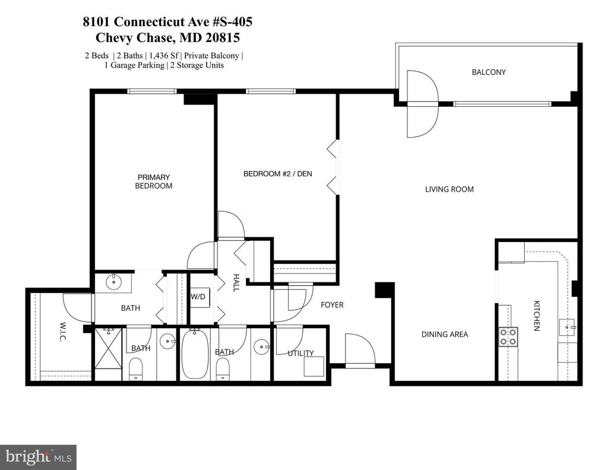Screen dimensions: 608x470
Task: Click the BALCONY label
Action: (x=489, y=72)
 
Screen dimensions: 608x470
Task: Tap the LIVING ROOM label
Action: (x=449, y=189)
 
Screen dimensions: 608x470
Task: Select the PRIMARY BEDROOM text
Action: (x=154, y=182)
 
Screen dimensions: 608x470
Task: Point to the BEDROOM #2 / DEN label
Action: (x=278, y=174)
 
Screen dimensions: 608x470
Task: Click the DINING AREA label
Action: (x=445, y=334)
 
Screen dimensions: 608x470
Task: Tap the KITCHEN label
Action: (x=537, y=316)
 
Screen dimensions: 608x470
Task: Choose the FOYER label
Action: (x=332, y=305)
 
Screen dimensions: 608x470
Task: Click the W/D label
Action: (x=198, y=297)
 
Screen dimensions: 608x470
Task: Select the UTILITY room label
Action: (x=300, y=353)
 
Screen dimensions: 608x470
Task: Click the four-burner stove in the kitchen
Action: (x=508, y=336)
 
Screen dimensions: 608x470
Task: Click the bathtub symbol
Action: (x=194, y=354)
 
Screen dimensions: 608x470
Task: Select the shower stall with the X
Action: (x=108, y=348)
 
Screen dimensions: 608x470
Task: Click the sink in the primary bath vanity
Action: (x=113, y=282)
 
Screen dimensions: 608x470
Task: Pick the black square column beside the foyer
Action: (x=384, y=290)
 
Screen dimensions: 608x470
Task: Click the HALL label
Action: (x=236, y=282)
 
